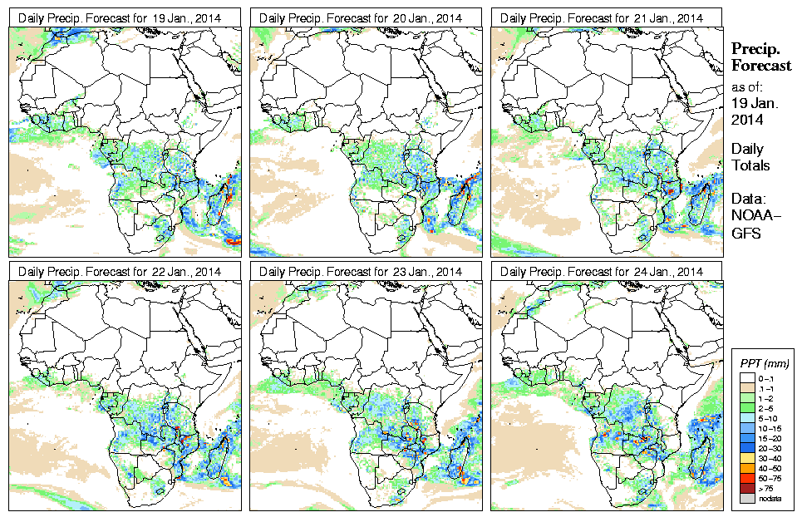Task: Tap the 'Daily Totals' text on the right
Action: [750, 157]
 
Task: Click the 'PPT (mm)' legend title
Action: [765, 363]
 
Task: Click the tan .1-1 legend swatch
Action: [746, 387]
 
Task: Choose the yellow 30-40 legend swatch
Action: [746, 457]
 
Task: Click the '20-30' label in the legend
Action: [766, 446]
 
